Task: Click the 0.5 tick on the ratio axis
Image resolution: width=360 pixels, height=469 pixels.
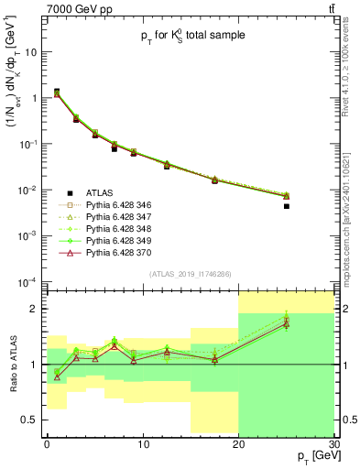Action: pos(33,420)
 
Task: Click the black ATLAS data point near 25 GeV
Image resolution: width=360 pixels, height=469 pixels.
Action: pos(286,206)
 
